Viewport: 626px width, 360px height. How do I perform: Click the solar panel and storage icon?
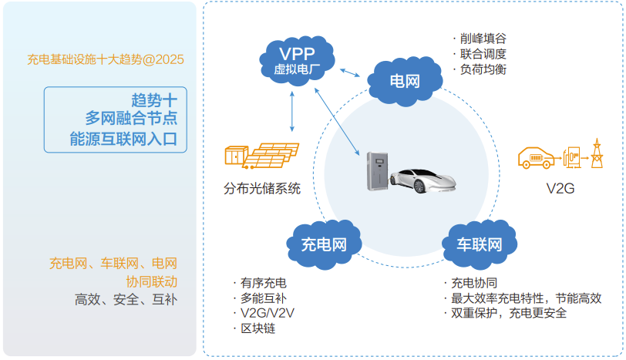pos(261,156)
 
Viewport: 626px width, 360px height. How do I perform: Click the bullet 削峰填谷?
pos(484,39)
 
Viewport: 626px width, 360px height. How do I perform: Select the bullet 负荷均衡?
pos(484,69)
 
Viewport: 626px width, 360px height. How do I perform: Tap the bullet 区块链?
pos(258,328)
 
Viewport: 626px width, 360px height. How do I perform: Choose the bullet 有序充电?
pos(264,282)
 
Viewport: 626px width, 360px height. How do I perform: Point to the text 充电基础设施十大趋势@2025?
pos(106,59)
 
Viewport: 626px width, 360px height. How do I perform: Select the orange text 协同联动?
pos(151,281)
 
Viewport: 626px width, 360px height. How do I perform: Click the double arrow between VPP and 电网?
pos(352,71)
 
